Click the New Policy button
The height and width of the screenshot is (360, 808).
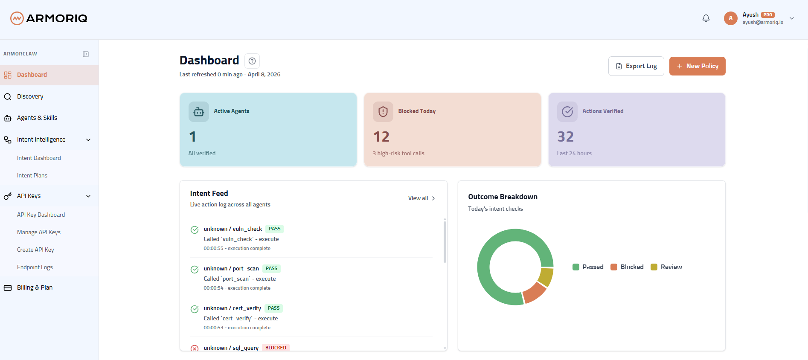click(x=697, y=66)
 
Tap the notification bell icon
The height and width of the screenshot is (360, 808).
click(x=706, y=18)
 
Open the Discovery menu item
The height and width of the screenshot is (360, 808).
click(x=30, y=96)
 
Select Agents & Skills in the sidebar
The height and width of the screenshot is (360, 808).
click(x=37, y=118)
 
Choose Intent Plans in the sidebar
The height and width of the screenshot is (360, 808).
click(x=32, y=175)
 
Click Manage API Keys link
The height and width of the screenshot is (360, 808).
click(x=39, y=232)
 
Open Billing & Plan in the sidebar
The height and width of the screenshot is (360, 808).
click(x=35, y=287)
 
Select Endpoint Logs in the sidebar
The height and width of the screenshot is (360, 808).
click(x=35, y=267)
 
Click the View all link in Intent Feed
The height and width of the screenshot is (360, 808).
click(x=421, y=198)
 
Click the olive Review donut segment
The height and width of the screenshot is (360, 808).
click(x=546, y=277)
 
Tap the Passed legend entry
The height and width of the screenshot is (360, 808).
click(x=588, y=267)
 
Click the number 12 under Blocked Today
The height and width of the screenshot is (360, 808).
click(x=381, y=136)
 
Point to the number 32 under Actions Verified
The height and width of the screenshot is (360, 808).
click(x=565, y=136)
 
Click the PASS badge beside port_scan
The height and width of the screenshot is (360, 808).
click(x=271, y=269)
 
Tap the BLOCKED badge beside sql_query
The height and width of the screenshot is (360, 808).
click(x=276, y=348)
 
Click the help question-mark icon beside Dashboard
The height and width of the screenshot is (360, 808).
click(x=252, y=61)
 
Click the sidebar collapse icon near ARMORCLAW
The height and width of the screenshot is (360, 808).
click(x=86, y=54)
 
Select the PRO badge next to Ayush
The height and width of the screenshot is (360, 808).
click(x=768, y=15)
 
